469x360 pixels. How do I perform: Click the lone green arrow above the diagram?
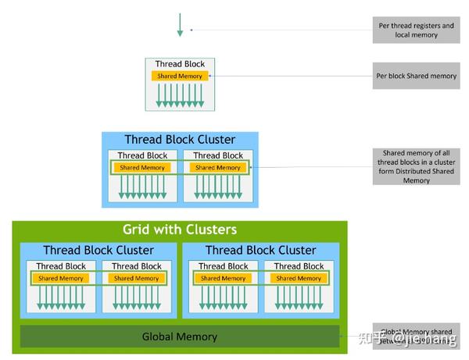pyautogui.click(x=180, y=25)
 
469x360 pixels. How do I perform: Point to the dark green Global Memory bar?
pyautogui.click(x=180, y=337)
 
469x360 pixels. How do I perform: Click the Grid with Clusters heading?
pyautogui.click(x=180, y=230)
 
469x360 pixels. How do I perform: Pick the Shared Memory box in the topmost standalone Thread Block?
pyautogui.click(x=180, y=76)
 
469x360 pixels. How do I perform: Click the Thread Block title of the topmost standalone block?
pyautogui.click(x=180, y=64)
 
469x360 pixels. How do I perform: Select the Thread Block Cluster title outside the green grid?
pyautogui.click(x=180, y=140)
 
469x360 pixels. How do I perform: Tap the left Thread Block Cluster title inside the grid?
pyautogui.click(x=98, y=251)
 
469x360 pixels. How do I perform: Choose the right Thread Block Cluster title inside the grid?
pyautogui.click(x=260, y=251)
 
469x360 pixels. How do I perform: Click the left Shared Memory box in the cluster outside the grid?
pyautogui.click(x=142, y=167)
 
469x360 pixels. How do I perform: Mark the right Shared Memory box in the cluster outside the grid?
pyautogui.click(x=218, y=167)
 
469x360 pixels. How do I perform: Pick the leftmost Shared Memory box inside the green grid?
pyautogui.click(x=61, y=278)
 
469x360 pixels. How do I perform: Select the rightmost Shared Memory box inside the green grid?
pyautogui.click(x=299, y=278)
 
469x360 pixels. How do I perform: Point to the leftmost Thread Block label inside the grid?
pyautogui.click(x=61, y=266)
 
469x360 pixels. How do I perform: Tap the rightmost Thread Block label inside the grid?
pyautogui.click(x=299, y=266)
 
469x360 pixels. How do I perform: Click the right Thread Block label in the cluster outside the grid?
pyautogui.click(x=218, y=155)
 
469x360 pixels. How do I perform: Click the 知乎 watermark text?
pyautogui.click(x=371, y=338)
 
